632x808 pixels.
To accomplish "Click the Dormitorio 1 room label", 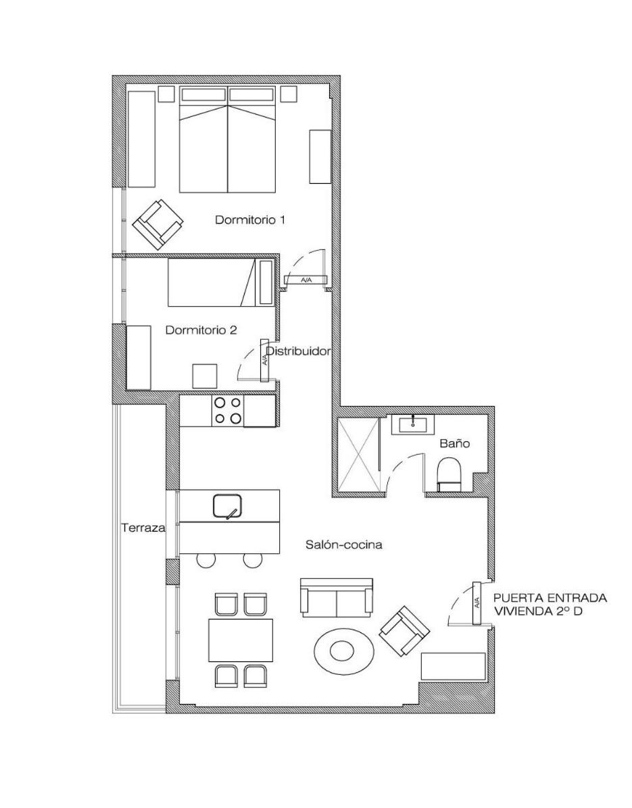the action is (250, 220).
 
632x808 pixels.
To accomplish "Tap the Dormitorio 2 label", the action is (201, 330).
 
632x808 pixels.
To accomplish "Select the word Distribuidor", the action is (297, 351).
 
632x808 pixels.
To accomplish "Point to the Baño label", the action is (455, 443).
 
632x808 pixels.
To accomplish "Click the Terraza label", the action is (143, 528).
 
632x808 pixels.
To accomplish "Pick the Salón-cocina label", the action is (344, 545).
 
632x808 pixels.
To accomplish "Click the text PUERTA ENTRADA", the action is (550, 599).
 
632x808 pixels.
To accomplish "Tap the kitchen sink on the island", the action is (227, 505).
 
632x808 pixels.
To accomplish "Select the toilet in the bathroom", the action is (450, 475).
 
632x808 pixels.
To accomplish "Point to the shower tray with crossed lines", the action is (358, 454).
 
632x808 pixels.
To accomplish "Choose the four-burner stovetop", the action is (227, 411).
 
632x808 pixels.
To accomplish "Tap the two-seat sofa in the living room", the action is (337, 597).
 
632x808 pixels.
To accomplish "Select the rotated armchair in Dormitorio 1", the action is (158, 223).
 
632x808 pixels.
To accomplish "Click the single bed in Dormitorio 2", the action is (212, 282).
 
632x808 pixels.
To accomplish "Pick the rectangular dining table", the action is (241, 640).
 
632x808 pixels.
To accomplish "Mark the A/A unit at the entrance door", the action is (477, 603).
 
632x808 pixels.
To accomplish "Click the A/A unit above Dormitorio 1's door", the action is (306, 280).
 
